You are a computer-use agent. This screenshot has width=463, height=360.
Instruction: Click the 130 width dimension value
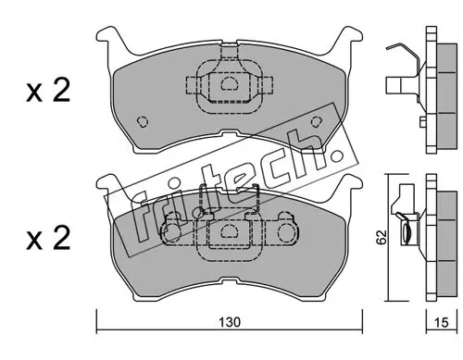click(x=229, y=322)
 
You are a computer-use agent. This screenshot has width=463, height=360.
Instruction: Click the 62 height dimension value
click(x=382, y=237)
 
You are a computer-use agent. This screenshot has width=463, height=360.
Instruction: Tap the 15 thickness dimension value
click(x=441, y=322)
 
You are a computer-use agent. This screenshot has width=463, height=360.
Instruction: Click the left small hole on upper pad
click(x=143, y=121)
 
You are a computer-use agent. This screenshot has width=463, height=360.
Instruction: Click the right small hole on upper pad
click(x=316, y=121)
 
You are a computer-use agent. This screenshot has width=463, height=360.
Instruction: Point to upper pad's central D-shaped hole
click(x=229, y=83)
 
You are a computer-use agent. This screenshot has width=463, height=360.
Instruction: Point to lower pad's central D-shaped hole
click(x=229, y=231)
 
